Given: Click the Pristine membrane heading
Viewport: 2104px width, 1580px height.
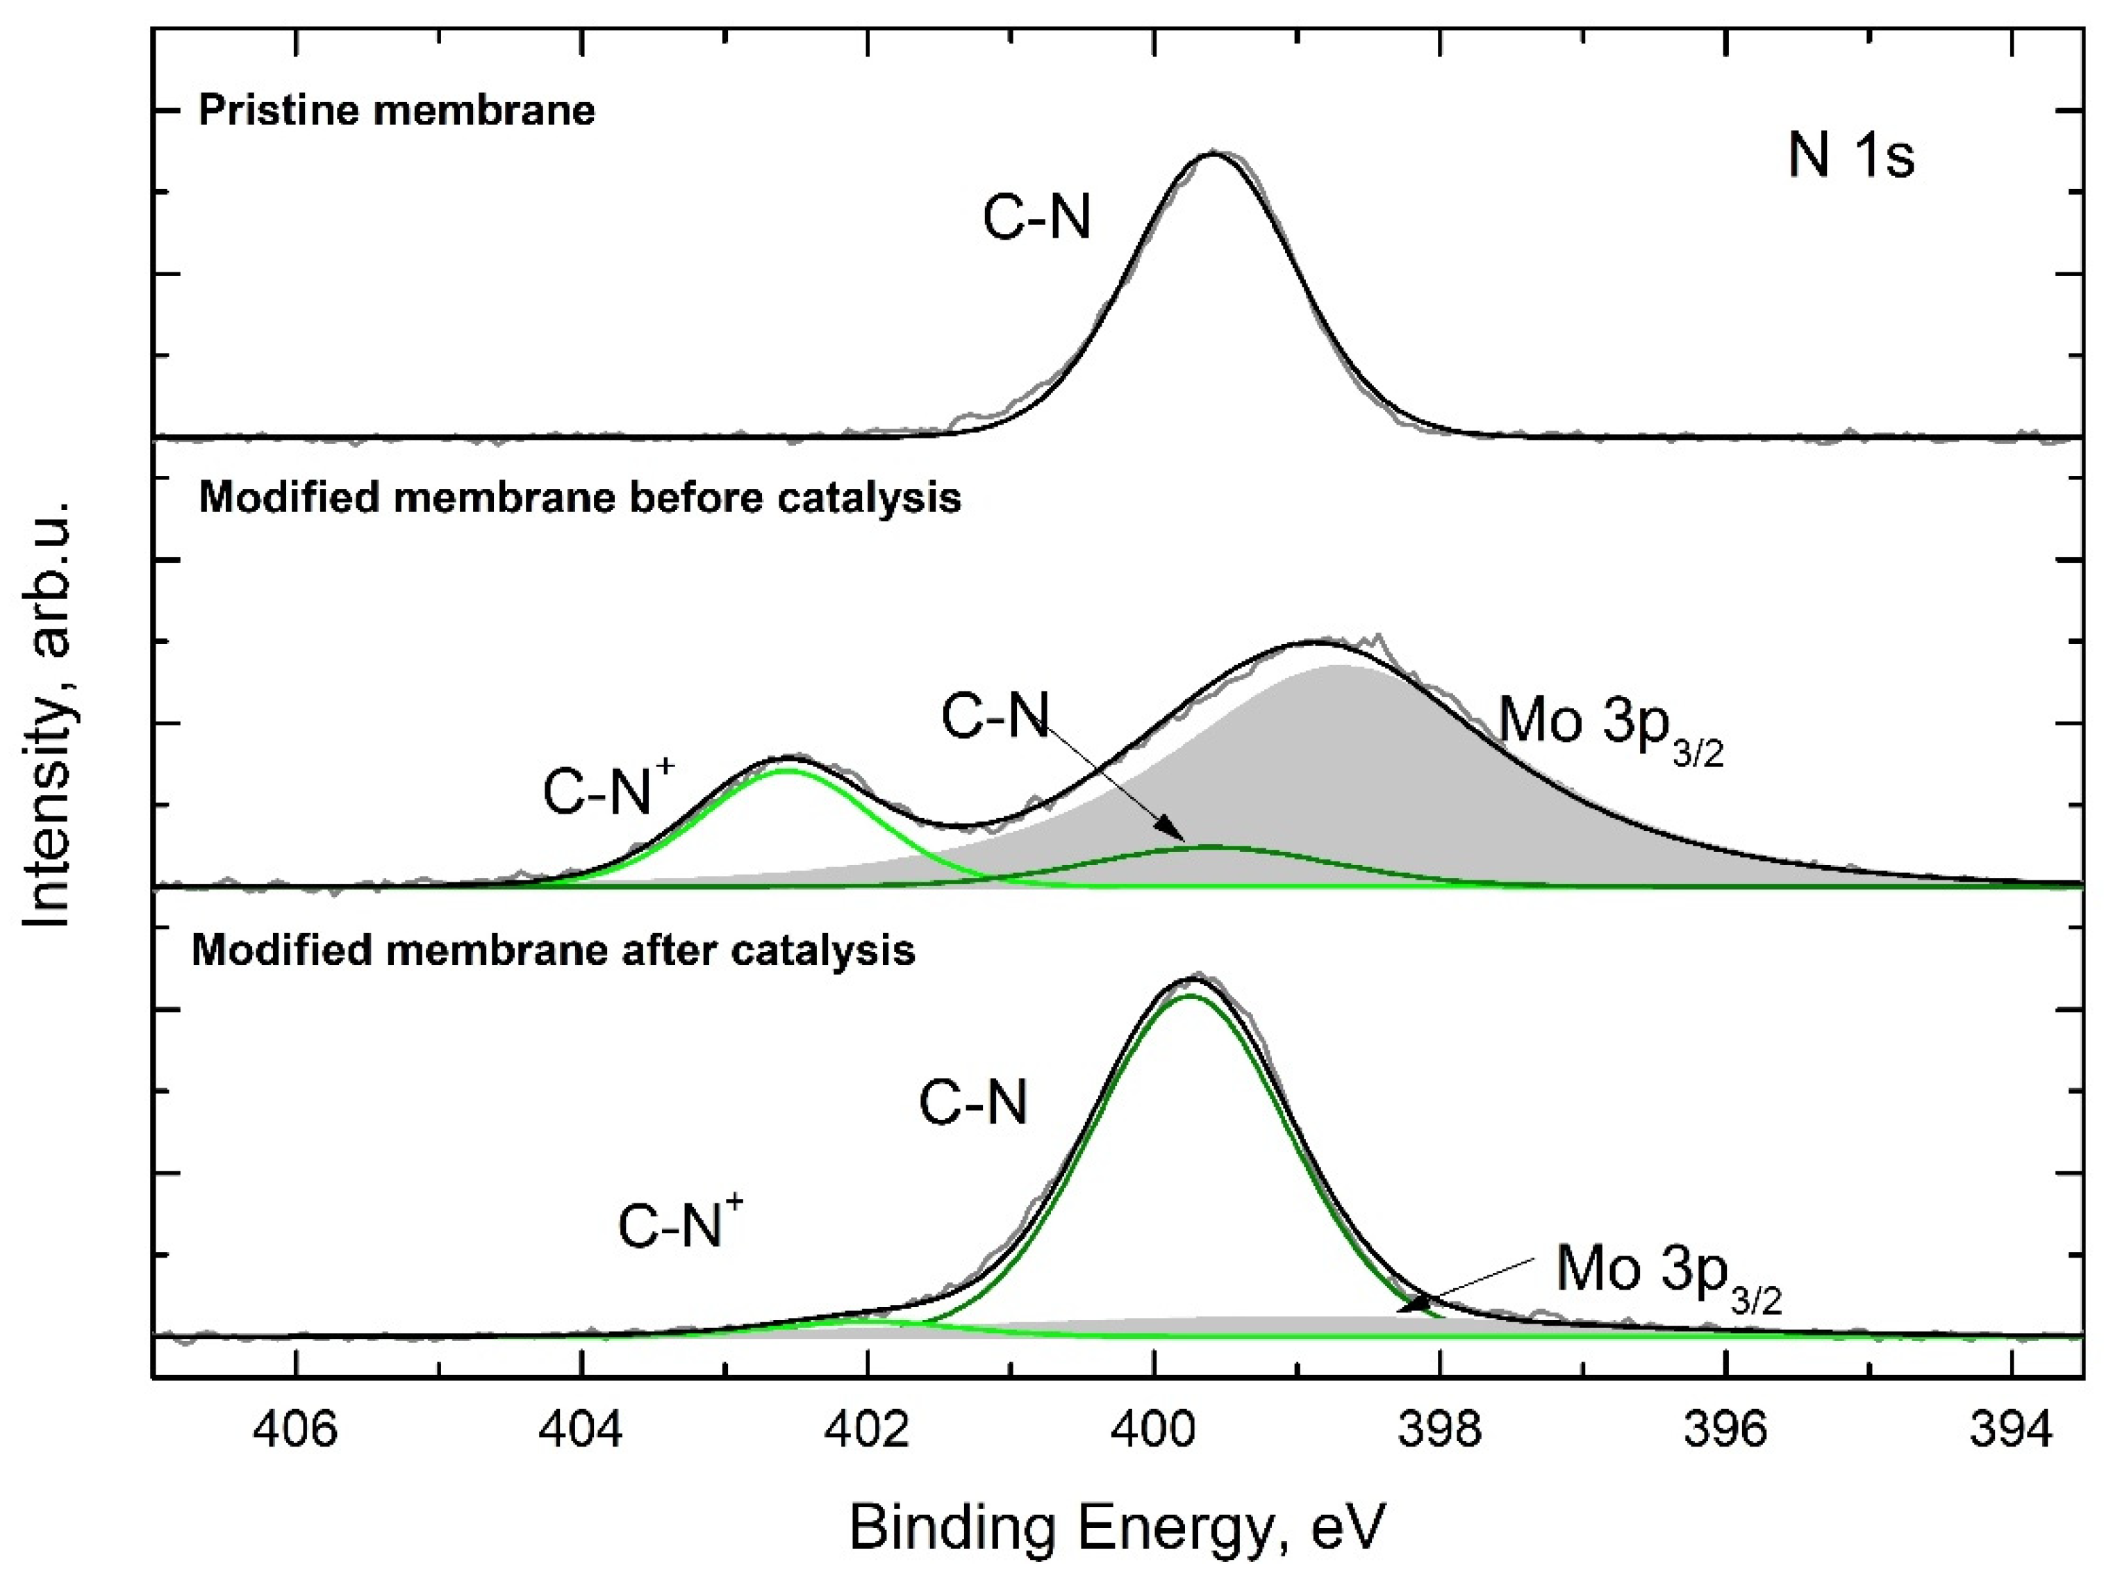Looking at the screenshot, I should (x=397, y=111).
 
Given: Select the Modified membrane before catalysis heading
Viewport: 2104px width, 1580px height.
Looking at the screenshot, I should (x=580, y=498).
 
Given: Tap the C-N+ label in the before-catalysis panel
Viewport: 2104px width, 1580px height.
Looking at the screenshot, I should (x=608, y=789).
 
